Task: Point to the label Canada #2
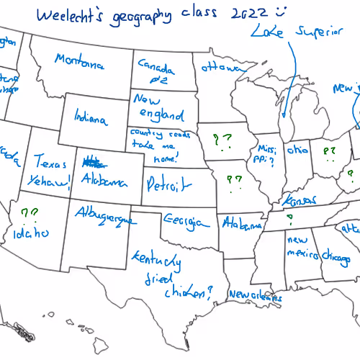coord(156,72)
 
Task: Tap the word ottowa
coord(221,68)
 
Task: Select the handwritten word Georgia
coord(179,221)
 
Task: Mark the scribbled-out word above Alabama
coord(92,161)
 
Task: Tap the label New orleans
coord(250,295)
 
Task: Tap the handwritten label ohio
coord(297,151)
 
